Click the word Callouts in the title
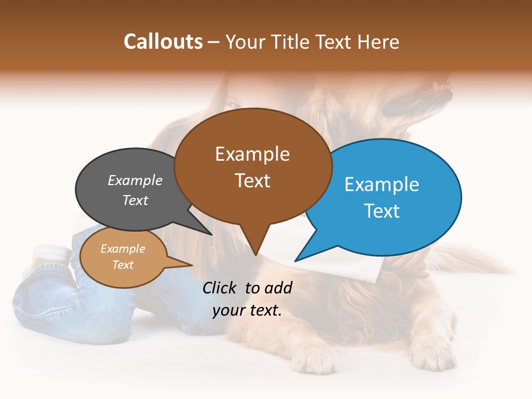click(x=163, y=42)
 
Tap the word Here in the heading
click(x=378, y=42)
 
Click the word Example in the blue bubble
click(x=382, y=185)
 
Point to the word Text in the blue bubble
click(x=382, y=211)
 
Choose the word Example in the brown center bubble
click(x=252, y=154)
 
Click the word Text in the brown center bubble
click(x=252, y=181)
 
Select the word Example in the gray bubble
click(x=135, y=181)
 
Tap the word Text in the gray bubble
click(x=135, y=200)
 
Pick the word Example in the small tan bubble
click(x=122, y=249)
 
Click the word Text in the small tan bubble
click(x=122, y=265)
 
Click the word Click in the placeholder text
click(x=220, y=288)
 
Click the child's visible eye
click(x=234, y=105)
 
